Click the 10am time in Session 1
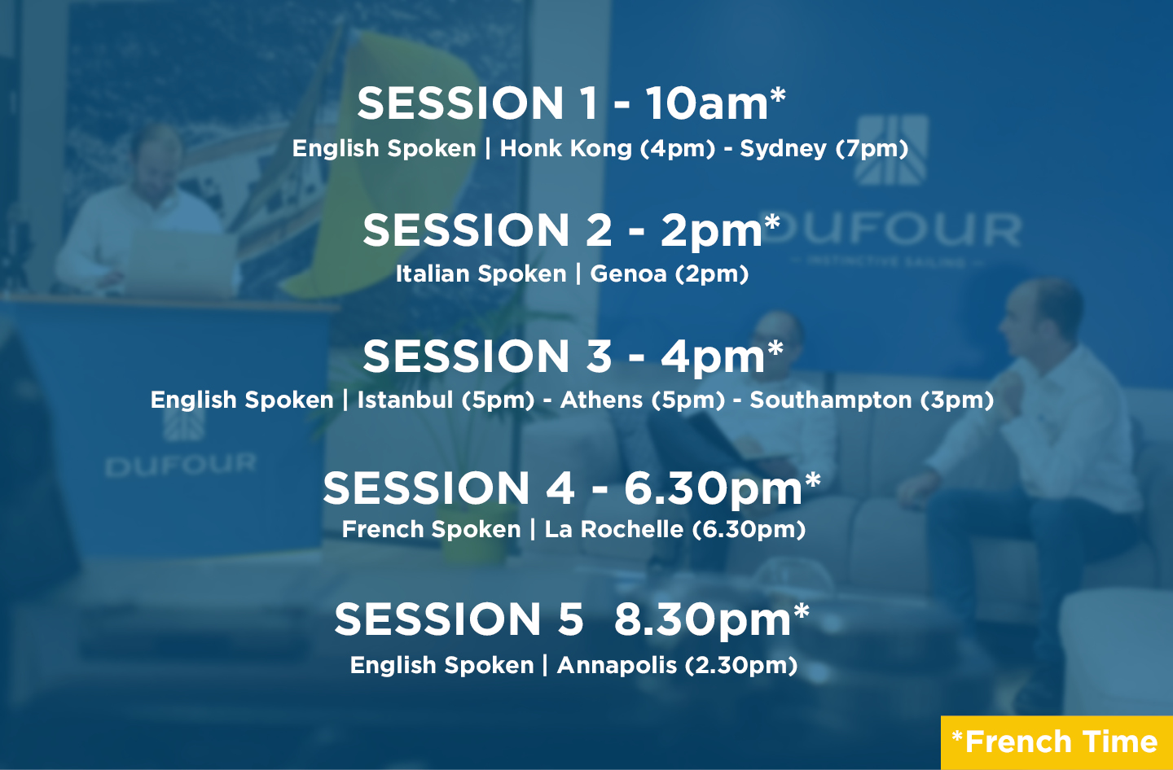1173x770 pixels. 707,103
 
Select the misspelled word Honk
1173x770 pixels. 531,148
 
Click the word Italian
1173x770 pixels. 428,273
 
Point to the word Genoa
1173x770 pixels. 628,273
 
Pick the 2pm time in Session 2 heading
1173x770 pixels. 711,231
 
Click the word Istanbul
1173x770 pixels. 405,400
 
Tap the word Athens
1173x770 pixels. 601,400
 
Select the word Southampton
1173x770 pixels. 831,400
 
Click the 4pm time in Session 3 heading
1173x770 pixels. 713,357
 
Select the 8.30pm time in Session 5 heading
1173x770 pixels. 702,621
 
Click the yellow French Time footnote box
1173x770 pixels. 1057,743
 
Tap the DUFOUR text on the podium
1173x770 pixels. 181,465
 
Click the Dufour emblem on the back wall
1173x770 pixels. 891,150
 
